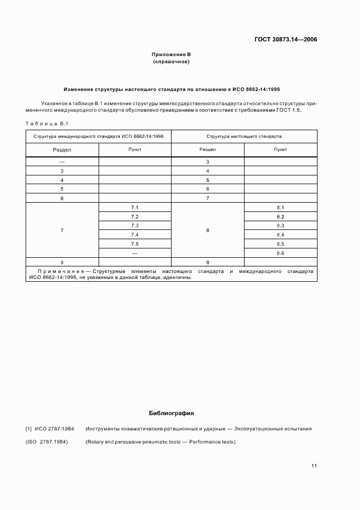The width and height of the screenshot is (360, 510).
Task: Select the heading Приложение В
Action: pos(171,54)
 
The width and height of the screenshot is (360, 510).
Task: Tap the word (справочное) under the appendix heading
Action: pos(171,62)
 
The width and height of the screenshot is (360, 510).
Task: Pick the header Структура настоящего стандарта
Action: pos(244,136)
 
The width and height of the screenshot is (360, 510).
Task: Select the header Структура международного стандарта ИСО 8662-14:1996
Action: pos(99,136)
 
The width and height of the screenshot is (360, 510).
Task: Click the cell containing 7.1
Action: pos(135,208)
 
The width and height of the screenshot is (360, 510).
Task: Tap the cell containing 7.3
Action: pos(135,226)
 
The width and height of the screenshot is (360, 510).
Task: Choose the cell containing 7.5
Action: pos(135,244)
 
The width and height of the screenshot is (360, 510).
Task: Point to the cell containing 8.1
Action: pos(280,208)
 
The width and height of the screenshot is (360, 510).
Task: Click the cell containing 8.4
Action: pos(280,235)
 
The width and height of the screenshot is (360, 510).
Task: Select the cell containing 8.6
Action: pos(280,253)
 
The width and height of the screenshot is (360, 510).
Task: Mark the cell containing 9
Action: pos(208,262)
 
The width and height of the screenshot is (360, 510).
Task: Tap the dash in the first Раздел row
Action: pos(62,162)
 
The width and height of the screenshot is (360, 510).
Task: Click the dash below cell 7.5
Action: pos(135,253)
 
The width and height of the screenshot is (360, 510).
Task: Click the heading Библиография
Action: pos(171,413)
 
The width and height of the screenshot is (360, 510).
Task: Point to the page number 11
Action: pos(314,465)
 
